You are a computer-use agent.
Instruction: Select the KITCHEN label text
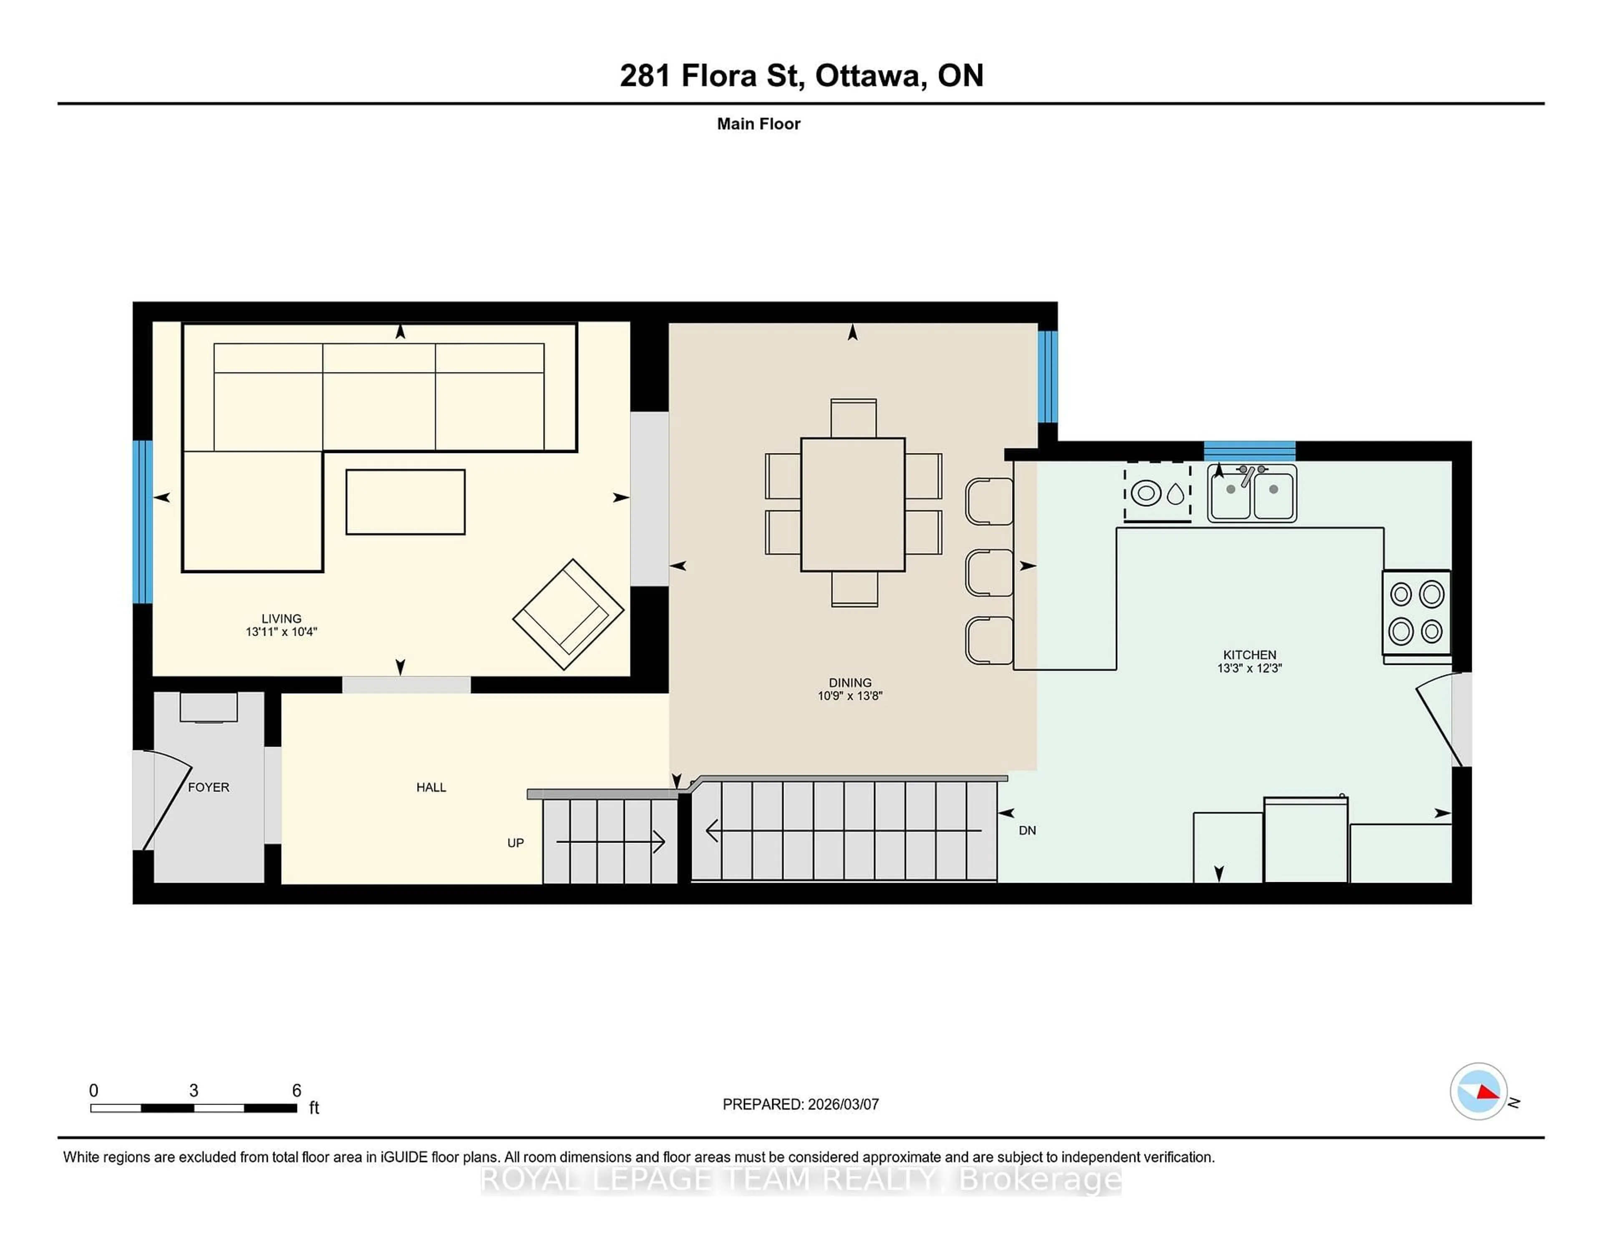point(1249,654)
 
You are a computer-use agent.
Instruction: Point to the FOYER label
point(208,787)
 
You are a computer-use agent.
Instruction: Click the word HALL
point(431,787)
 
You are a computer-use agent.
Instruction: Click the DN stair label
point(1027,830)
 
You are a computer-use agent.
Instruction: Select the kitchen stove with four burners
point(1416,612)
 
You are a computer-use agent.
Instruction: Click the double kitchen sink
point(1252,493)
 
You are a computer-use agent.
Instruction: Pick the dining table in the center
point(852,505)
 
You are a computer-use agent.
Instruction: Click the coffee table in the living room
point(405,502)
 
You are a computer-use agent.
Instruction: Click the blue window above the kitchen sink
point(1249,450)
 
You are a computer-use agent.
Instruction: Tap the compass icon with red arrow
point(1478,1091)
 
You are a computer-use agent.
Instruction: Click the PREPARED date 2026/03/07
point(842,1104)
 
